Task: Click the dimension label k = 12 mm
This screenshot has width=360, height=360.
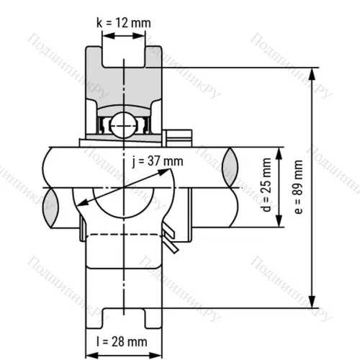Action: (124, 22)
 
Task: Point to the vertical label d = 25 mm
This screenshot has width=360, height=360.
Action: (268, 187)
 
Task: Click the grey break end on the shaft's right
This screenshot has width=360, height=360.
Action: (231, 167)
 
